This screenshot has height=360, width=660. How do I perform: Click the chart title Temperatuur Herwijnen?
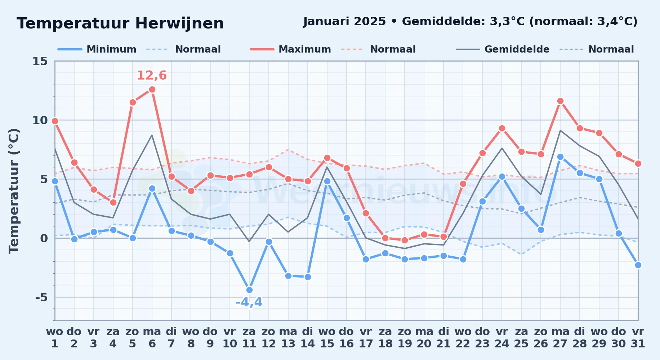tap(120, 23)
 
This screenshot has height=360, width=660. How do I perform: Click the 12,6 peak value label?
tap(152, 76)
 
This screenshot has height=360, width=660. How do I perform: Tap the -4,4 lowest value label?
tap(249, 302)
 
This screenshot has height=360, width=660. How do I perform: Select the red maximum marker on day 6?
tap(152, 89)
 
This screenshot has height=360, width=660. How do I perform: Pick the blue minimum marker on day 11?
tap(249, 290)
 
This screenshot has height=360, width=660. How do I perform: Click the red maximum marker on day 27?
tap(560, 101)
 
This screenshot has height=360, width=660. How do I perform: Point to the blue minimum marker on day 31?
tap(638, 265)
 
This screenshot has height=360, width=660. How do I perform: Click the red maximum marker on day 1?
tap(55, 121)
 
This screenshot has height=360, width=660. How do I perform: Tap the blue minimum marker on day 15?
tap(327, 181)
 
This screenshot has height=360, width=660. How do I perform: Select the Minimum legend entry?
tap(97, 49)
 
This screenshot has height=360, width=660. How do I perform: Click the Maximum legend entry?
tap(290, 49)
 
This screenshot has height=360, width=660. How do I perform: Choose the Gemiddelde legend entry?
tap(503, 49)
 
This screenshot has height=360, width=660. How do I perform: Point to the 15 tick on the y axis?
tap(40, 61)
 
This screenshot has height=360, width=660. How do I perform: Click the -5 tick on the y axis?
tap(41, 297)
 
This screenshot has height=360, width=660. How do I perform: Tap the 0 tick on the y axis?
tap(44, 238)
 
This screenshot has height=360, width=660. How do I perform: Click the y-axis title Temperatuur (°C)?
tap(14, 191)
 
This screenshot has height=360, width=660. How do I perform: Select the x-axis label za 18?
tap(385, 338)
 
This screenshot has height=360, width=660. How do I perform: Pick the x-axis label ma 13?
tap(288, 338)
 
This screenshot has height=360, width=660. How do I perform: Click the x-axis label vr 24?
tap(502, 338)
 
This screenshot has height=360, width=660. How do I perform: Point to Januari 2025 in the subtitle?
tap(345, 22)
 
